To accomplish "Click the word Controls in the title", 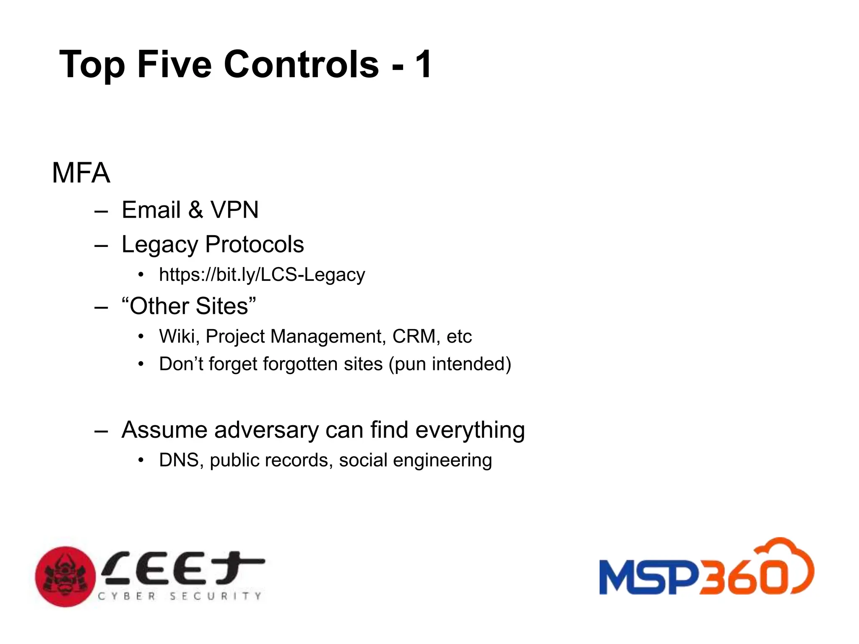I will tap(302, 64).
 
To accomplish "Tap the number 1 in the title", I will tap(423, 64).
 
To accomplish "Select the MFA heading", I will tap(81, 173).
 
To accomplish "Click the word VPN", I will tap(234, 210).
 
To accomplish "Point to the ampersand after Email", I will tap(195, 210).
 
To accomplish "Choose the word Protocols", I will tap(255, 244).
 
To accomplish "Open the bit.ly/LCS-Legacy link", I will tap(262, 275).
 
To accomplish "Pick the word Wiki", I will tap(179, 336).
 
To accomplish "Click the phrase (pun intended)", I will tap(450, 364).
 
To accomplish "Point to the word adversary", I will tap(266, 430).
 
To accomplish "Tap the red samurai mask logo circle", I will tap(65, 576).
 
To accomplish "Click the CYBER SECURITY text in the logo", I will tap(180, 596).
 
